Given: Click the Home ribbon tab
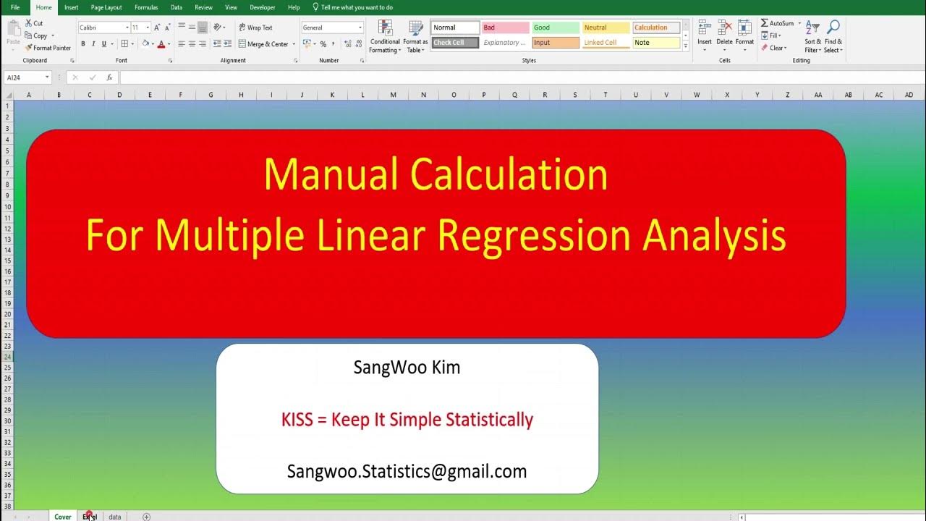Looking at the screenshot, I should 43,7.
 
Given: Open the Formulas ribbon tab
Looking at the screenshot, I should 145,7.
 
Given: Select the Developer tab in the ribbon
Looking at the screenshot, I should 262,7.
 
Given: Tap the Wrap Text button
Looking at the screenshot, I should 255,27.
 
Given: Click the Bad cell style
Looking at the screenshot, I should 505,27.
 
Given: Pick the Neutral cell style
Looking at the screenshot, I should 606,27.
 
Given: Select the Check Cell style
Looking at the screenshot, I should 455,43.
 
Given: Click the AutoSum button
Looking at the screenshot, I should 778,23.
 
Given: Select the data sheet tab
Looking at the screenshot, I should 115,517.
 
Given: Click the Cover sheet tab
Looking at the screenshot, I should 63,517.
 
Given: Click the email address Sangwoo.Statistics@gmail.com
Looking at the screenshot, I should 407,472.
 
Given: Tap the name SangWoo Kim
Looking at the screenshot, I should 407,368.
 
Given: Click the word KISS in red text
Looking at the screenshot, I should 296,420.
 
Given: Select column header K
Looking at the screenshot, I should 332,95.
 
